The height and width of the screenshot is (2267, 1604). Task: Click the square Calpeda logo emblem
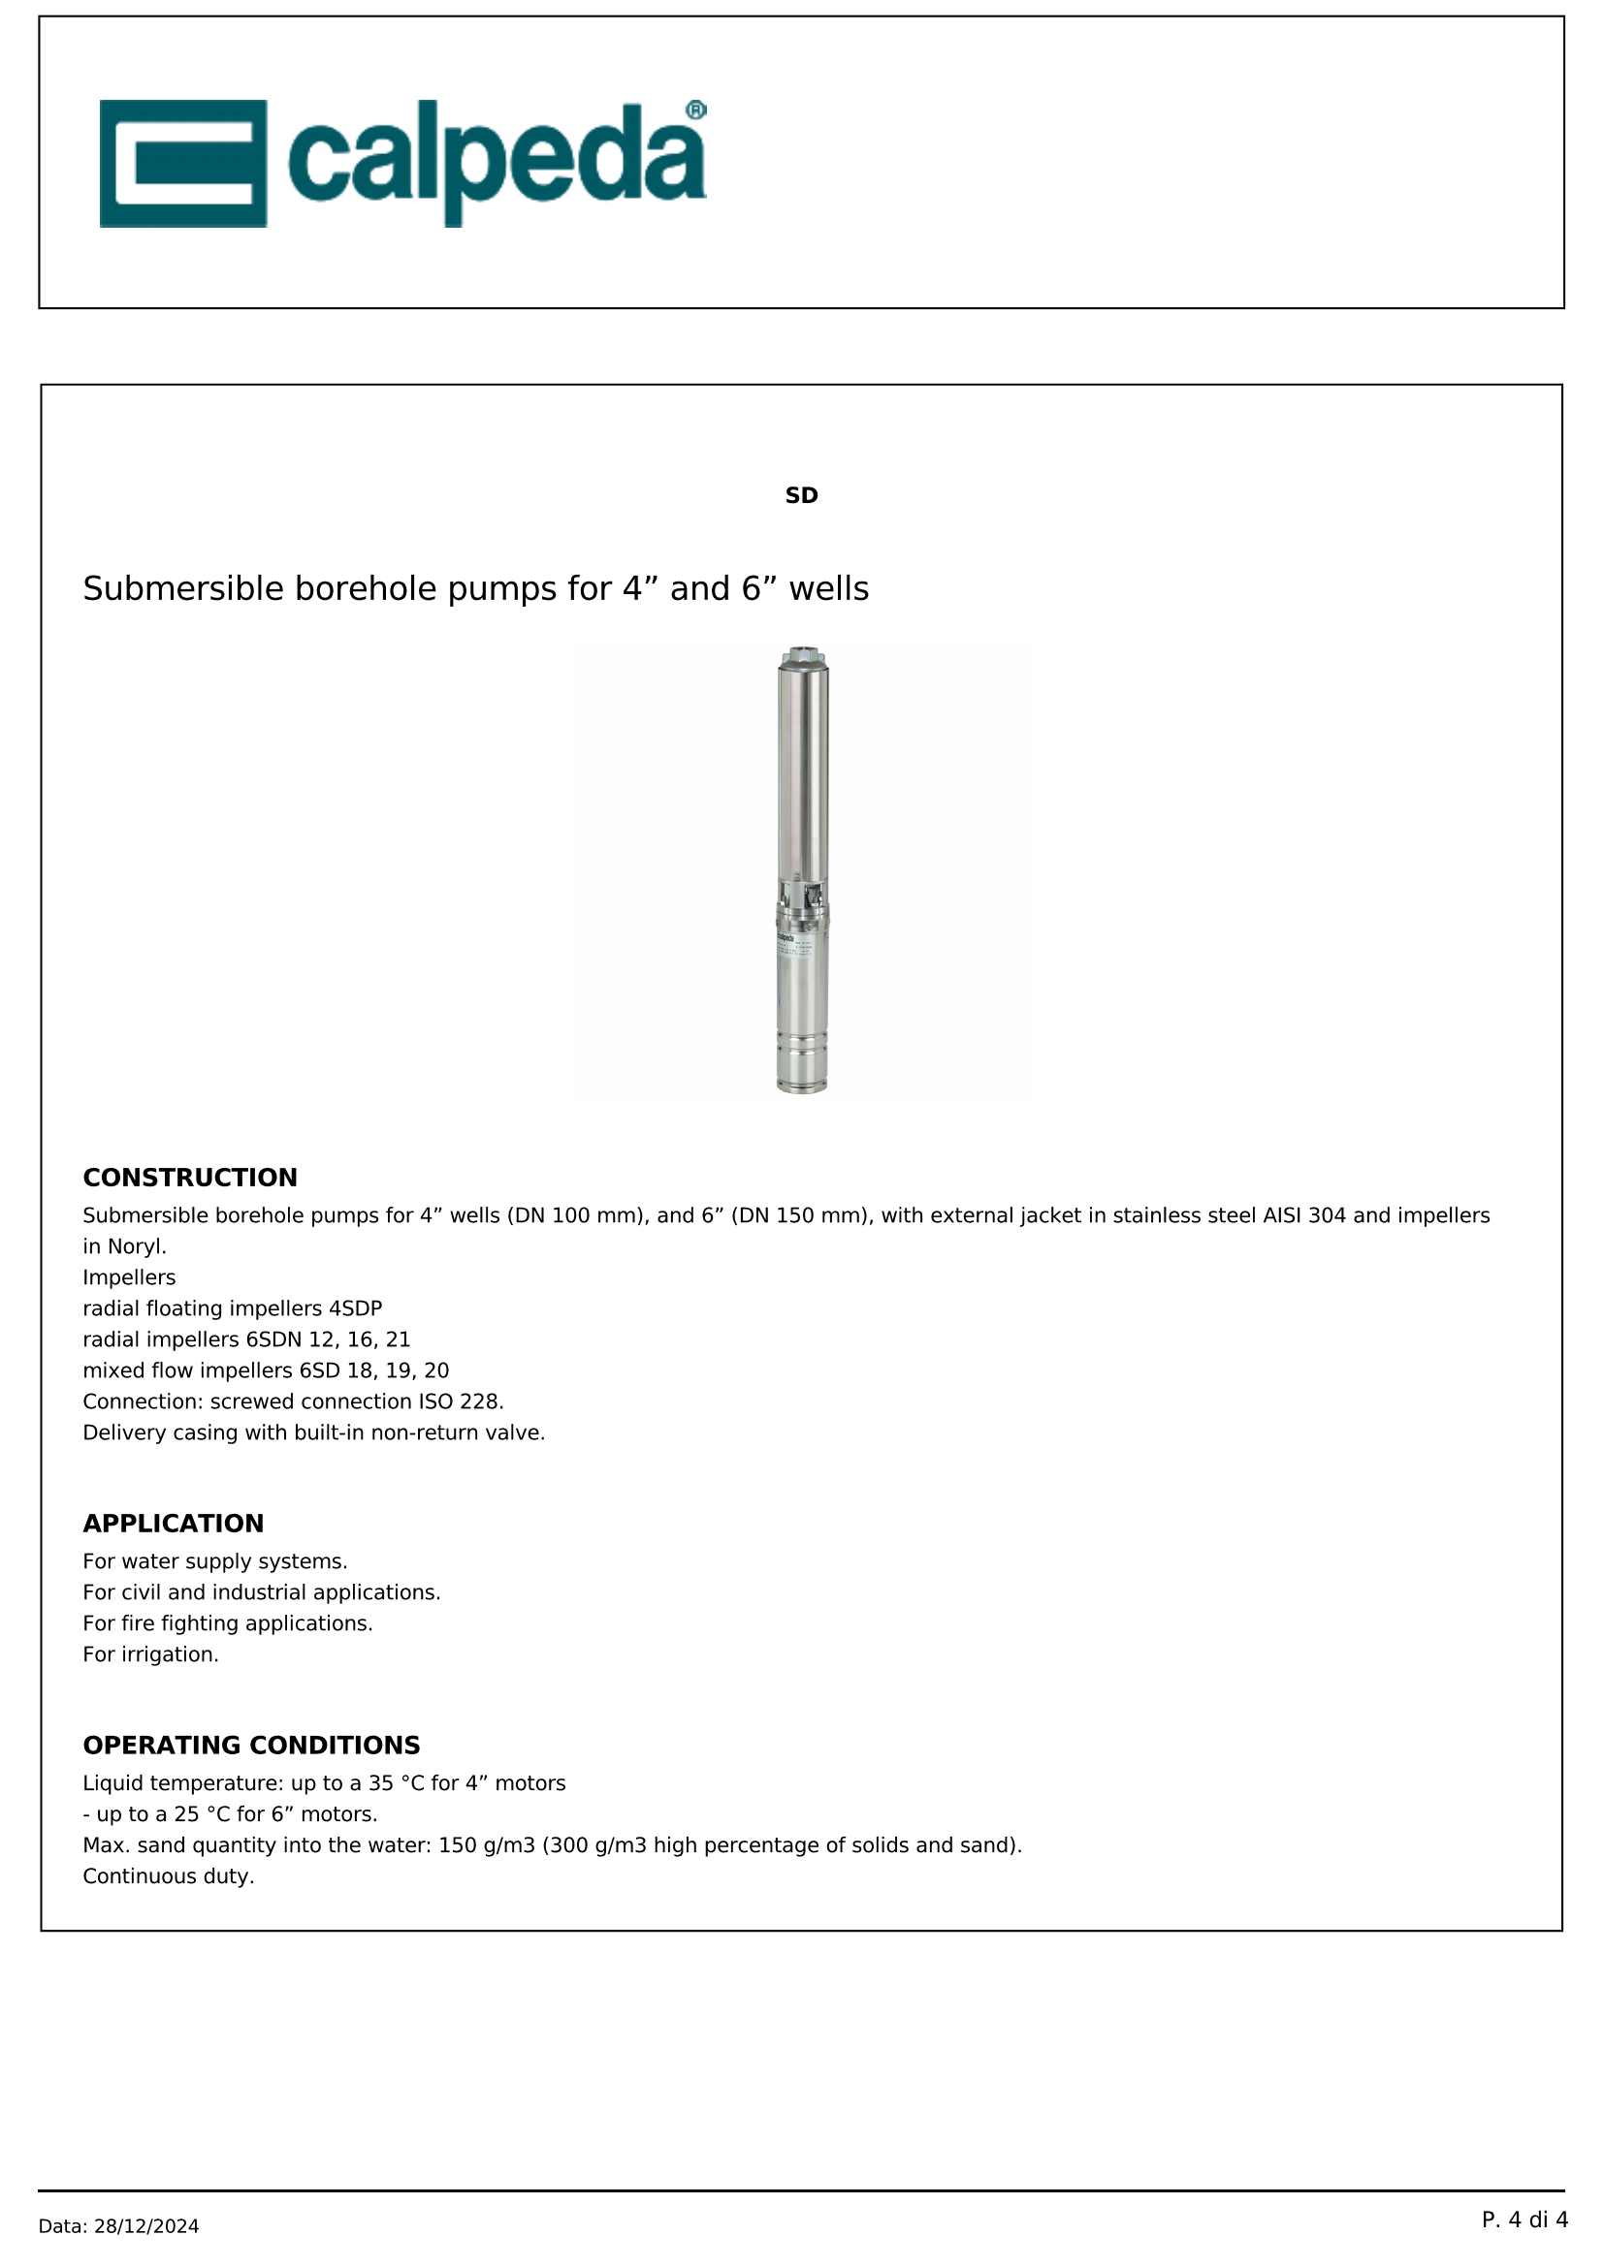click(x=182, y=163)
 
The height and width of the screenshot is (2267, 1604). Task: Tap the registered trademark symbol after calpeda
click(x=695, y=110)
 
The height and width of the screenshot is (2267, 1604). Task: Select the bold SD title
click(x=801, y=495)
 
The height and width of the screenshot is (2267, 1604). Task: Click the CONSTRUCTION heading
click(x=190, y=1177)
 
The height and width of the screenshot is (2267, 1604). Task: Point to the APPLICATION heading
click(x=173, y=1524)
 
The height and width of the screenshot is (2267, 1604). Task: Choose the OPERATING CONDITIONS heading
click(x=251, y=1745)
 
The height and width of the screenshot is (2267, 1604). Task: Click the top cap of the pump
click(x=802, y=655)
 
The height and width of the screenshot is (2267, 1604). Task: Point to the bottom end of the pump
click(x=802, y=1086)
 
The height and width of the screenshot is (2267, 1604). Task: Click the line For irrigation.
click(x=150, y=1653)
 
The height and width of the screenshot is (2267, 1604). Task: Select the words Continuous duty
click(x=168, y=1876)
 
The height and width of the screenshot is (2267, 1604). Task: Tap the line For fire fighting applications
click(x=227, y=1623)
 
